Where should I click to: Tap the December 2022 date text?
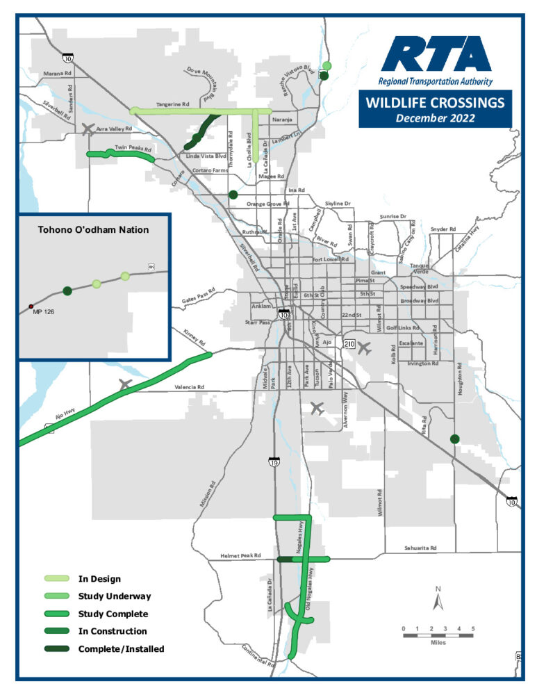tap(435, 118)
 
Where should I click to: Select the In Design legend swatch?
tap(58, 578)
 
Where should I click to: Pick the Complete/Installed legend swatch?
tap(58, 649)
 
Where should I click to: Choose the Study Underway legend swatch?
tap(58, 596)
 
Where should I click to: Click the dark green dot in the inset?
tap(67, 291)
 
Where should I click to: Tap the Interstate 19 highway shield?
tap(274, 461)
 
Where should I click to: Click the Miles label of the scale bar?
tap(438, 643)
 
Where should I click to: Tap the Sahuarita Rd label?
tap(420, 548)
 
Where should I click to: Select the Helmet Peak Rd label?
tap(240, 556)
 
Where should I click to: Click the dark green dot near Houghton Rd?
tap(454, 439)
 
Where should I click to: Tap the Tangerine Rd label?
tap(173, 104)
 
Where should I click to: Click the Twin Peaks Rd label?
tap(133, 148)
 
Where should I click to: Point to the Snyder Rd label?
tap(443, 229)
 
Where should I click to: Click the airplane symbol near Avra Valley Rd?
tap(87, 129)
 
